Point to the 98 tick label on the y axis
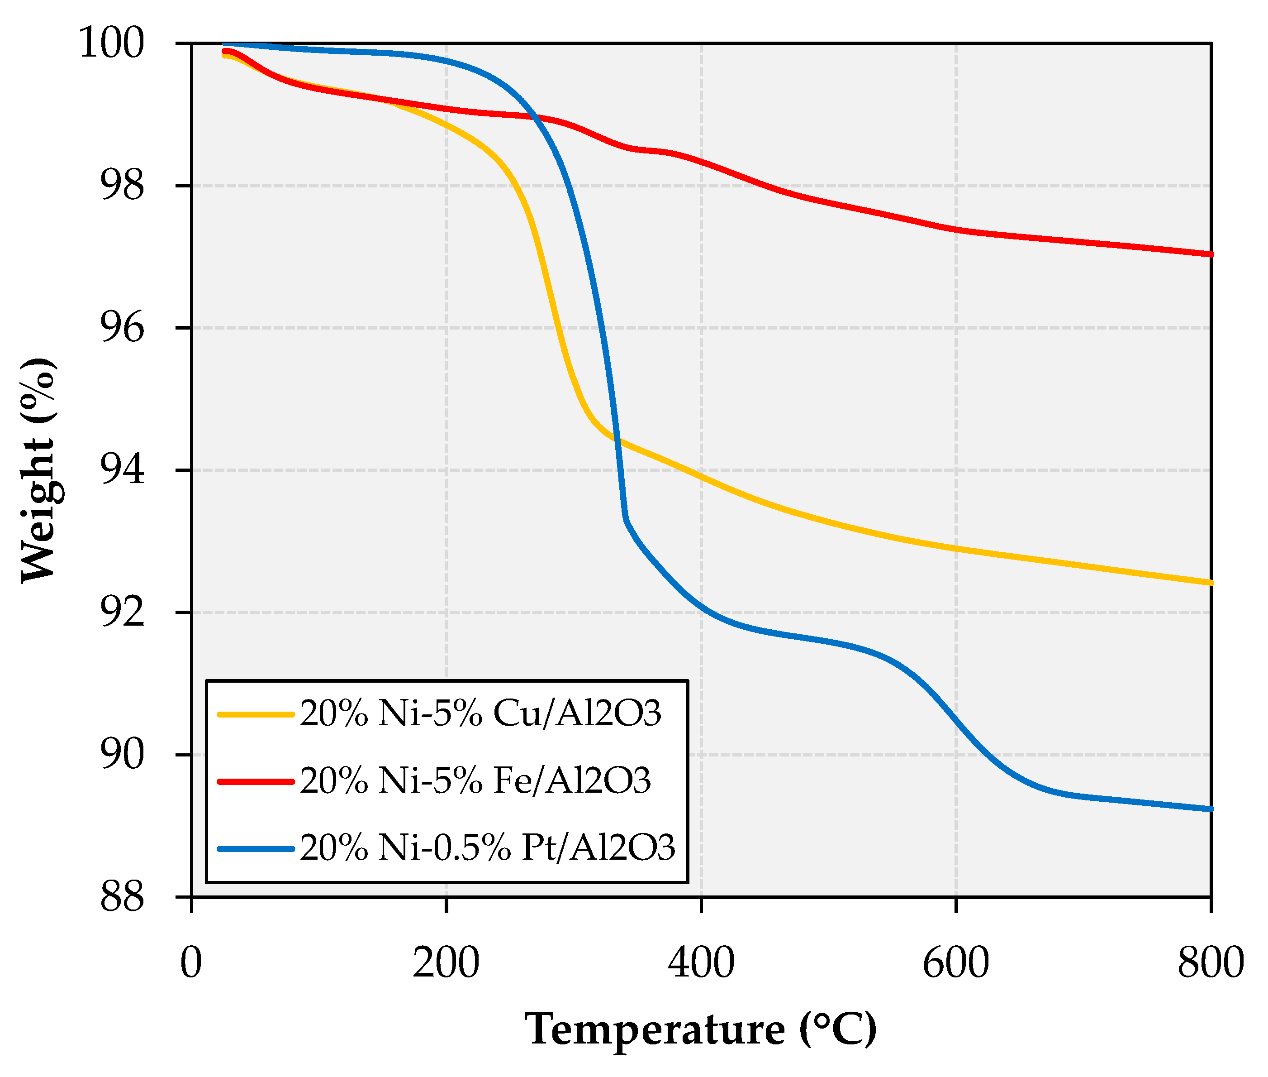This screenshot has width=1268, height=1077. click(x=122, y=185)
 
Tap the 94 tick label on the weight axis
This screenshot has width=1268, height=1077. click(x=122, y=469)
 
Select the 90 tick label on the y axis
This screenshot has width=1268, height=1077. click(x=122, y=754)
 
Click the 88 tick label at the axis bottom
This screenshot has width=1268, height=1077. click(x=122, y=897)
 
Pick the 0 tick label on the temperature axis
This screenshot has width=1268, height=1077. click(x=191, y=963)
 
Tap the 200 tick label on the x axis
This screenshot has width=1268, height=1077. click(x=446, y=963)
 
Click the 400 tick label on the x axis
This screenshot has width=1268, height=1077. click(x=701, y=963)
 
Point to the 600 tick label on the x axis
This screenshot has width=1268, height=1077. click(x=955, y=963)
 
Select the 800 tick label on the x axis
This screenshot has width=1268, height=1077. click(x=1210, y=963)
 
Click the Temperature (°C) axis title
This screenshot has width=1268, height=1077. click(x=701, y=1029)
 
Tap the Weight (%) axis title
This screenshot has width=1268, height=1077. click(x=38, y=470)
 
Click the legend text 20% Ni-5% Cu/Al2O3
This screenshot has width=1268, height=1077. click(x=480, y=713)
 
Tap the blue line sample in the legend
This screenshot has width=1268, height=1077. click(x=256, y=849)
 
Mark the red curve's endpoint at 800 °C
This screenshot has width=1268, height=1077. click(x=1210, y=254)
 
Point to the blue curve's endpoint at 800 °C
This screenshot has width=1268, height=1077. click(x=1210, y=809)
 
